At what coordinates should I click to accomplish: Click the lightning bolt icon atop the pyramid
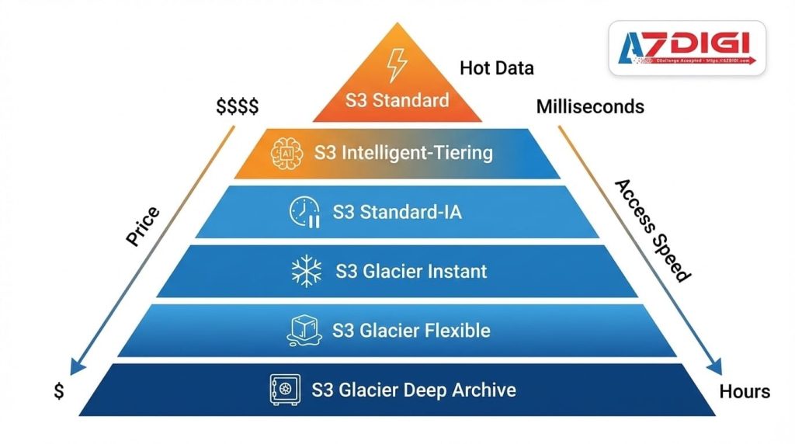coord(397,65)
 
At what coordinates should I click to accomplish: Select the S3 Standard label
coord(397,100)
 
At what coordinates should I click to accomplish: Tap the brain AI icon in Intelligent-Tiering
coord(285,152)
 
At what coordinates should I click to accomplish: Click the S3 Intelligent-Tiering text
coord(403,152)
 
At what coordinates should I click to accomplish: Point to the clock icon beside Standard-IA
coord(304,212)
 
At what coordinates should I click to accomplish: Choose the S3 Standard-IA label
coord(397,211)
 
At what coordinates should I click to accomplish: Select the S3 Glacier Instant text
coord(411,271)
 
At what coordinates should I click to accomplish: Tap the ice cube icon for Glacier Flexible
coord(304,330)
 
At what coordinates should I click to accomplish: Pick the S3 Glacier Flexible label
coord(411,330)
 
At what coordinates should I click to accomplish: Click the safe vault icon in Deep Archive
coord(285,390)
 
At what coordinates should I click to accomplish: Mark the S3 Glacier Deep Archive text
coord(413,389)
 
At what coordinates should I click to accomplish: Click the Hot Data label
coord(496,68)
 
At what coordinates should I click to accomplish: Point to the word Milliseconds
coord(590,106)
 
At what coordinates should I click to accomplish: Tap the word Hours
coord(745,391)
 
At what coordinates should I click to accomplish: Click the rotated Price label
coord(143,227)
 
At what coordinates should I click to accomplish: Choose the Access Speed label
coord(652,231)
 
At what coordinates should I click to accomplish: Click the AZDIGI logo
coord(686,47)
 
